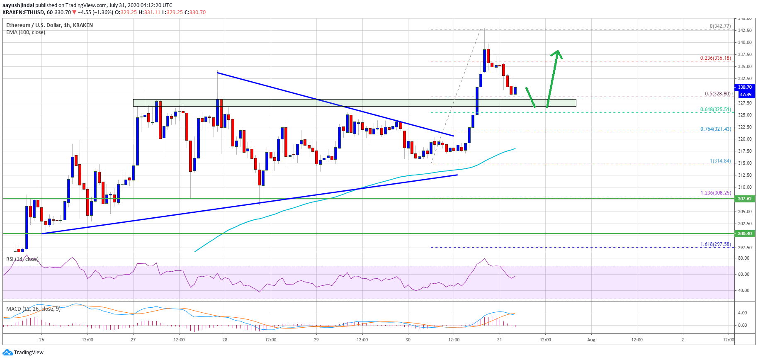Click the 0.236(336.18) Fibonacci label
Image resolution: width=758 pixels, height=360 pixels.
point(715,58)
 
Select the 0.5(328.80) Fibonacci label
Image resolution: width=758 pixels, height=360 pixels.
point(717,94)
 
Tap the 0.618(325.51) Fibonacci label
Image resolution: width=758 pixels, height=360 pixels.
point(715,109)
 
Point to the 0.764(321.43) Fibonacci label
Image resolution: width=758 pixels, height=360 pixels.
point(715,129)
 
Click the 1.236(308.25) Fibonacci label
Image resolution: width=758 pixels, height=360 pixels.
point(715,193)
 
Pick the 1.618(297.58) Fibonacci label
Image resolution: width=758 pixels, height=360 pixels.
point(715,244)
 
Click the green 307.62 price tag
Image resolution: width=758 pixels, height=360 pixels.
point(744,199)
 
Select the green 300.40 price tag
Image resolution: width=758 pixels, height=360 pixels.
point(744,234)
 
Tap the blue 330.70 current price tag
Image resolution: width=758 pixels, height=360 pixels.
point(744,87)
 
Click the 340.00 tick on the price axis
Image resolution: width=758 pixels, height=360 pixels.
point(745,42)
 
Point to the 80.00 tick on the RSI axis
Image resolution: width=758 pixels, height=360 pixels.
point(743,258)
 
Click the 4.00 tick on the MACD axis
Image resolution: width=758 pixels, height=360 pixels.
point(742,313)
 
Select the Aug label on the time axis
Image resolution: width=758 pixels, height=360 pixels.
point(591,340)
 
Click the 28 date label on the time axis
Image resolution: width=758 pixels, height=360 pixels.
point(225,340)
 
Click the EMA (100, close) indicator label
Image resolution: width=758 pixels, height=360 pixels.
point(26,32)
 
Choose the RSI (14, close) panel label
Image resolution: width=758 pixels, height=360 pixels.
point(22,259)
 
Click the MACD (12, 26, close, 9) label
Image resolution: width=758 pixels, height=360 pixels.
point(33,309)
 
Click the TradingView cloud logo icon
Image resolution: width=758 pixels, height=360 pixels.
point(7,353)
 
